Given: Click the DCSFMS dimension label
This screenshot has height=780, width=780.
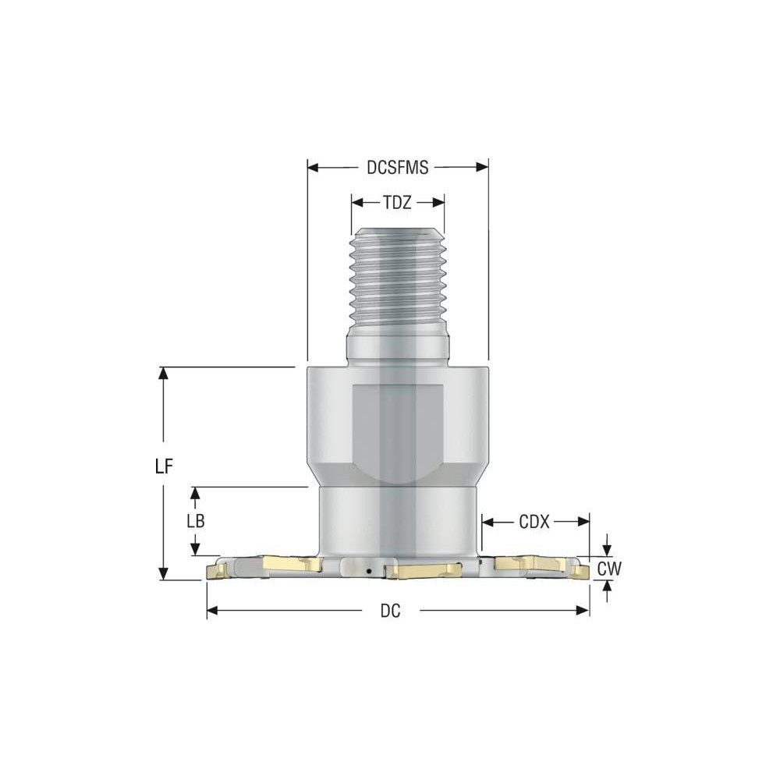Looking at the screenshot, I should [397, 167].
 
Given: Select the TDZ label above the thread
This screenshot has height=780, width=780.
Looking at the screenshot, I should [397, 202].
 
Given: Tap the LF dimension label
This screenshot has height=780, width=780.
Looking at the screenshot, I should [163, 466].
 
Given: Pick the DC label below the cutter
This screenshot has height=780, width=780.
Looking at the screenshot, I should [390, 612].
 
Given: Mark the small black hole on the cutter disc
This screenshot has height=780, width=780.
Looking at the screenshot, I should [369, 572].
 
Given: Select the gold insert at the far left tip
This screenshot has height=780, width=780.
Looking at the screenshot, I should [216, 573].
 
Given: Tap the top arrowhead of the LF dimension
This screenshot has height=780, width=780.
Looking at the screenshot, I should [163, 372].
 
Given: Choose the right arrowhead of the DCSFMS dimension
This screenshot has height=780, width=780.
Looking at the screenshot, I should [483, 166].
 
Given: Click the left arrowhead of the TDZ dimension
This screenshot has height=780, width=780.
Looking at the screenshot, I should [356, 202].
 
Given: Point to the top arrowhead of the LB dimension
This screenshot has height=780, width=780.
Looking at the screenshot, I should [196, 493].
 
